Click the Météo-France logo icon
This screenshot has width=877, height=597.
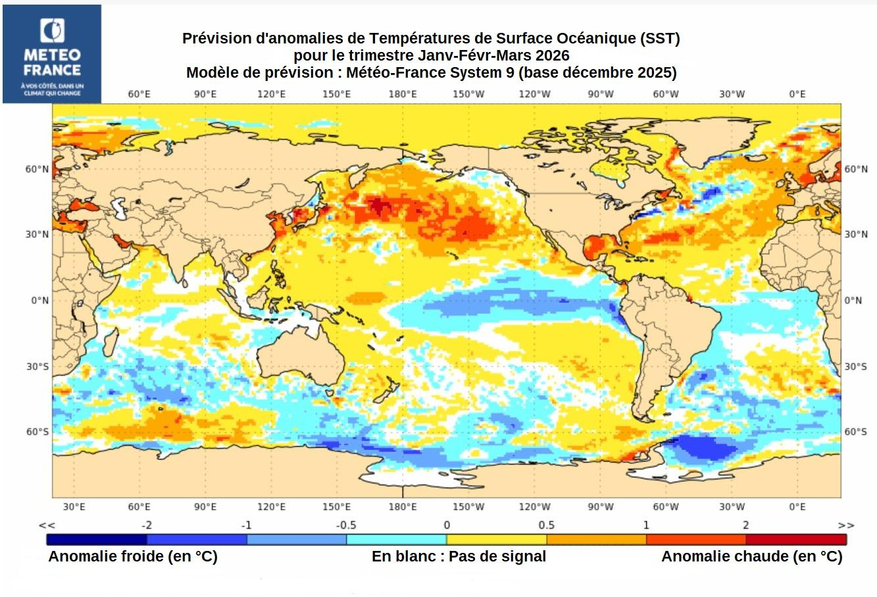pyautogui.click(x=52, y=31)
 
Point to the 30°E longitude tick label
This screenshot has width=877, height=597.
pyautogui.click(x=74, y=506)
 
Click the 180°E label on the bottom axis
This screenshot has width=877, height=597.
pyautogui.click(x=402, y=506)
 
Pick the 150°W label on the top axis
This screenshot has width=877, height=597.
pyautogui.click(x=468, y=94)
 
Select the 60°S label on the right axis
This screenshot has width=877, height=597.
pyautogui.click(x=855, y=432)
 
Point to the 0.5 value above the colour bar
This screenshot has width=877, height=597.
pyautogui.click(x=546, y=525)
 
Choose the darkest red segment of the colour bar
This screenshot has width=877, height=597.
pyautogui.click(x=795, y=540)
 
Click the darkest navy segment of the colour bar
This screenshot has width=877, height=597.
pyautogui.click(x=96, y=540)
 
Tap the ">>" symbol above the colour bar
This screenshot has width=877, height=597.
pyautogui.click(x=845, y=525)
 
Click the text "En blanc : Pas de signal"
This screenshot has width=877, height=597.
pyautogui.click(x=459, y=556)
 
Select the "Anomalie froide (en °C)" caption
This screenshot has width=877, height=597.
pyautogui.click(x=132, y=556)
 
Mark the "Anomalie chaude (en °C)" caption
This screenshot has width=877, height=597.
pyautogui.click(x=751, y=556)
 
